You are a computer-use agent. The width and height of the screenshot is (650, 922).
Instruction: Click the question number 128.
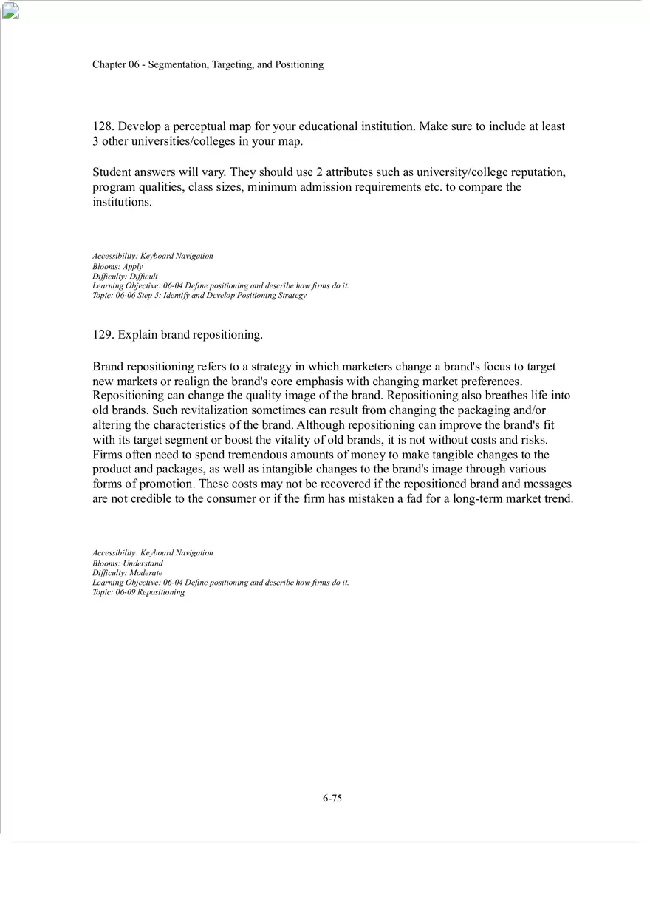[103, 126]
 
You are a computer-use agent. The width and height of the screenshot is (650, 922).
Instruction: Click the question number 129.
[103, 335]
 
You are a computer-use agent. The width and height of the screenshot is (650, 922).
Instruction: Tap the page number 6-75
[332, 798]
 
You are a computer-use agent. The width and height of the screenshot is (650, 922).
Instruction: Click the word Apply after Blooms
[133, 266]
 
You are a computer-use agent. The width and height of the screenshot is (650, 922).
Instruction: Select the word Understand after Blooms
[143, 563]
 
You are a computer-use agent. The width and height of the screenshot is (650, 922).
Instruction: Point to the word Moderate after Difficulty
[146, 573]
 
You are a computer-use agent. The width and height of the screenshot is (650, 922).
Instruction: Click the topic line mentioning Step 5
[199, 296]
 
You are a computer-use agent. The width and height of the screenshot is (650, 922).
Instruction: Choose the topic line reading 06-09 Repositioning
[139, 592]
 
